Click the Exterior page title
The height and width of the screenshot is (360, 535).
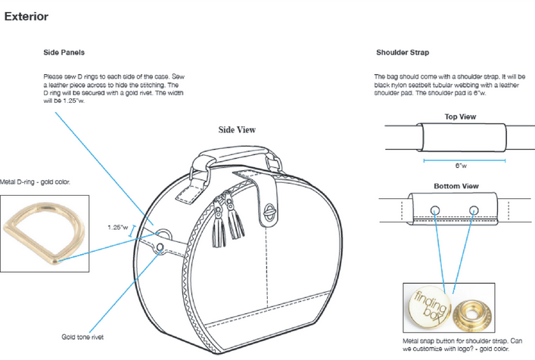click(x=26, y=16)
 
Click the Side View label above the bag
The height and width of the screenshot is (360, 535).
click(x=237, y=129)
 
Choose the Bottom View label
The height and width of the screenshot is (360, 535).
click(x=456, y=185)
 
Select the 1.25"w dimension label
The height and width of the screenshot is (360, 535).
click(x=118, y=226)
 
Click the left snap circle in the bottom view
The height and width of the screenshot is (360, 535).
click(x=434, y=209)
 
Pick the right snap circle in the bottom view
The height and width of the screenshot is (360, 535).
click(x=474, y=209)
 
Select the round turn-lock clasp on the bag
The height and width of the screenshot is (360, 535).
click(x=271, y=213)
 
